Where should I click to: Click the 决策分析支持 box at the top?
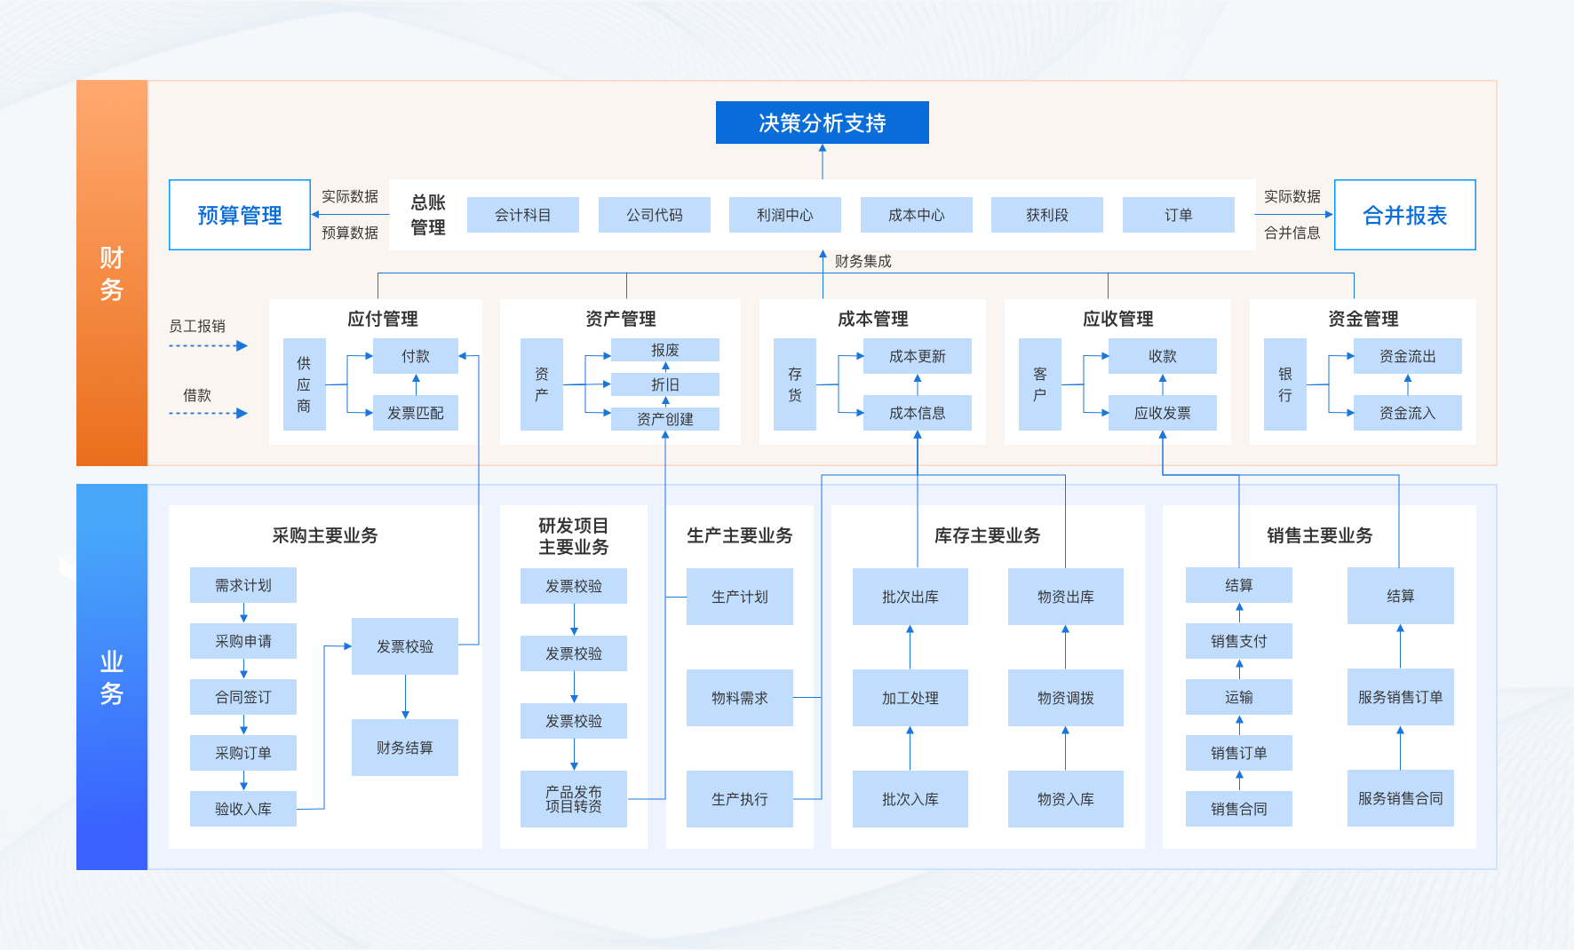pyautogui.click(x=822, y=123)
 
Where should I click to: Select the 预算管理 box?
pyautogui.click(x=240, y=215)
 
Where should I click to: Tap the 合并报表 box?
pyautogui.click(x=1404, y=215)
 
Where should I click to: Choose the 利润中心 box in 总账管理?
pyautogui.click(x=785, y=215)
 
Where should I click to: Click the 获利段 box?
pyautogui.click(x=1047, y=215)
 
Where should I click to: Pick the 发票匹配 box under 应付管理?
pyautogui.click(x=415, y=413)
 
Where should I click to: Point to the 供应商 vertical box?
pyautogui.click(x=304, y=384)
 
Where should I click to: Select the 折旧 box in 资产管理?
pyautogui.click(x=664, y=384)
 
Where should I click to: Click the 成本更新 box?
pyautogui.click(x=917, y=356)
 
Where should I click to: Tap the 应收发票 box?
pyautogui.click(x=1162, y=413)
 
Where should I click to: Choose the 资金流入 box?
pyautogui.click(x=1407, y=413)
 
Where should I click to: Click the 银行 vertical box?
pyautogui.click(x=1284, y=384)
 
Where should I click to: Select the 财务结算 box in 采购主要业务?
pyautogui.click(x=405, y=748)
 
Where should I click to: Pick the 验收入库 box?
pyautogui.click(x=243, y=809)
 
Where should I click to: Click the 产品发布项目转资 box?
pyautogui.click(x=574, y=799)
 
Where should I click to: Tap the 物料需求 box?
pyautogui.click(x=739, y=698)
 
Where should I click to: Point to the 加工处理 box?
pyautogui.click(x=910, y=698)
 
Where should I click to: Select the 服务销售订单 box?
pyautogui.click(x=1400, y=697)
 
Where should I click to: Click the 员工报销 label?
pyautogui.click(x=197, y=326)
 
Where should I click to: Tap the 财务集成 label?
pyautogui.click(x=863, y=261)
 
